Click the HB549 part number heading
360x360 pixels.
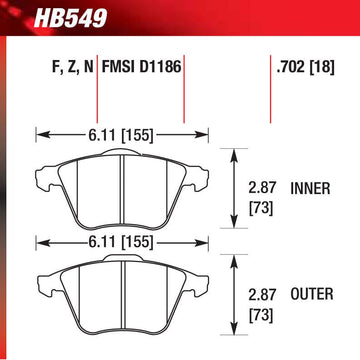tap(70, 18)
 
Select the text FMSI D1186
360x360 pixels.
tap(141, 67)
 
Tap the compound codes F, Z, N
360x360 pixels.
tap(72, 67)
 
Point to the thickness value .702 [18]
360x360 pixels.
tap(305, 67)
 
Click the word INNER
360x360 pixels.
tap(310, 189)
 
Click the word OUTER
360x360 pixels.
tap(312, 294)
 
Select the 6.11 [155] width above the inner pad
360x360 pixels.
tap(121, 136)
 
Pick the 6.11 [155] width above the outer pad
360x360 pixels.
tap(121, 242)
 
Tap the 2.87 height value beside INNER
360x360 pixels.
tap(262, 189)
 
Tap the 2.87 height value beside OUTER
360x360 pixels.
tap(262, 294)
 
